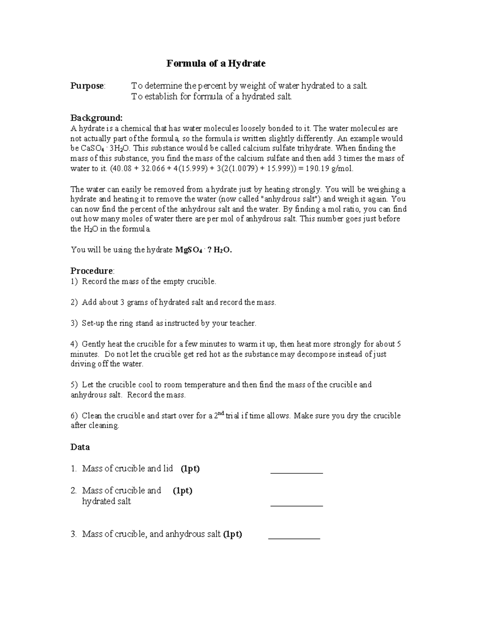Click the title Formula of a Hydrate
216,64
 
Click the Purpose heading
88,86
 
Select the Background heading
96,118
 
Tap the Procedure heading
92,271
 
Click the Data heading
80,447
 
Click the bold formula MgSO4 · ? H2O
204,250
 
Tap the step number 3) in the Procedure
74,323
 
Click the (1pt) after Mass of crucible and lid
190,469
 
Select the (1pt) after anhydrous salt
232,534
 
